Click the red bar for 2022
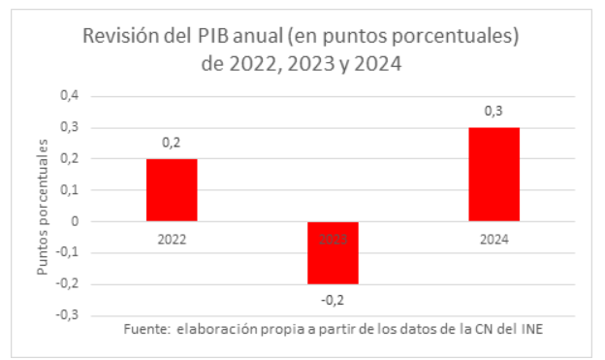coord(172,190)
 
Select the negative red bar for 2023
coord(334,252)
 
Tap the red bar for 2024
coord(494,175)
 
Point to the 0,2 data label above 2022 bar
coord(172,143)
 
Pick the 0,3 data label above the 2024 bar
coord(494,112)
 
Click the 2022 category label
coord(172,236)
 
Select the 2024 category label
coord(494,236)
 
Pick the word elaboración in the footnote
coord(215,330)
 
